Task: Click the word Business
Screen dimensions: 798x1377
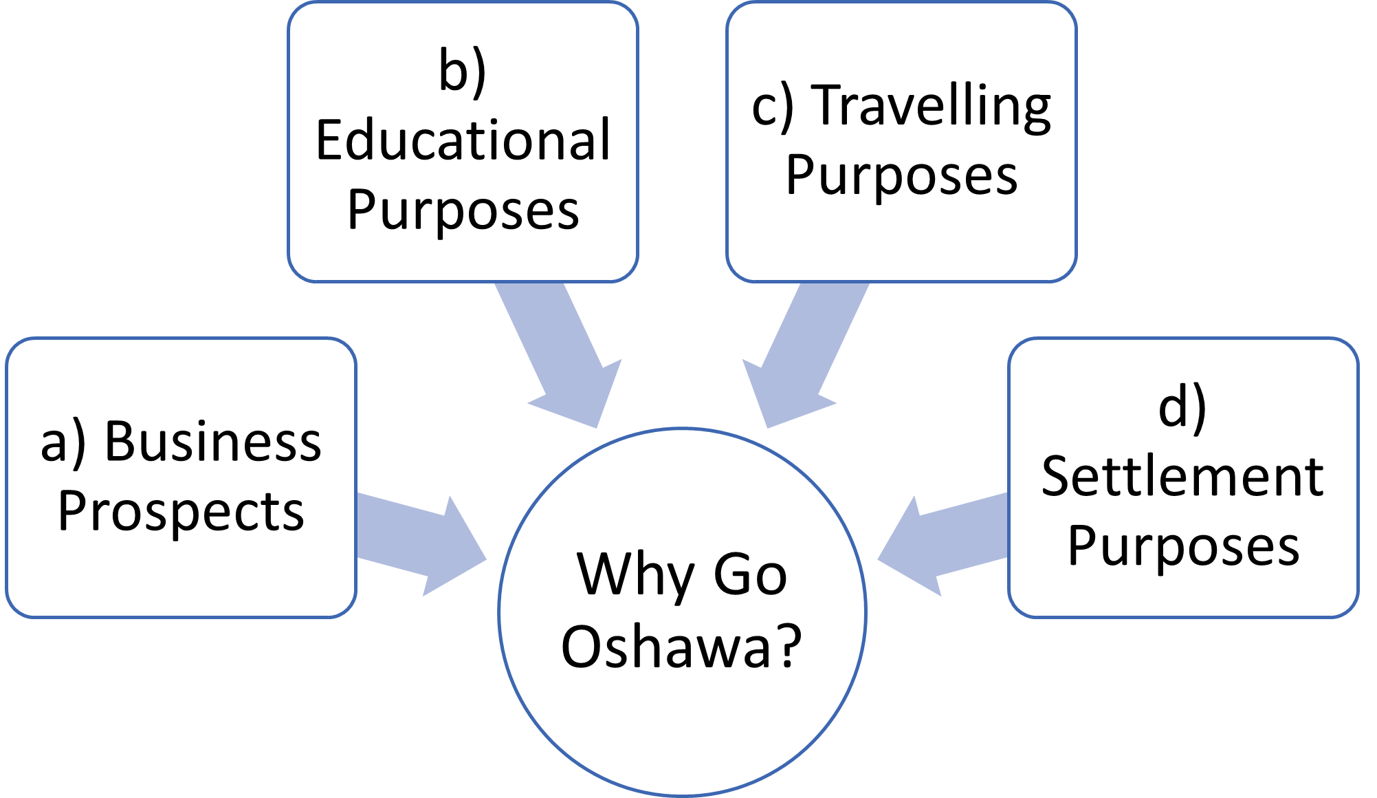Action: point(212,442)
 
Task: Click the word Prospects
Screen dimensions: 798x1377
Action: point(181,513)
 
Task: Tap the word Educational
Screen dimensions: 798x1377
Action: point(463,141)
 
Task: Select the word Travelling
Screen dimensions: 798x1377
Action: point(931,107)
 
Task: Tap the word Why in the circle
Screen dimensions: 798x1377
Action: point(635,574)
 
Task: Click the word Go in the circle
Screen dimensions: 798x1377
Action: point(750,575)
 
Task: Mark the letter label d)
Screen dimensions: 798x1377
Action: point(1182,408)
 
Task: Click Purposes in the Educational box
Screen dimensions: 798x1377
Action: point(463,211)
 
